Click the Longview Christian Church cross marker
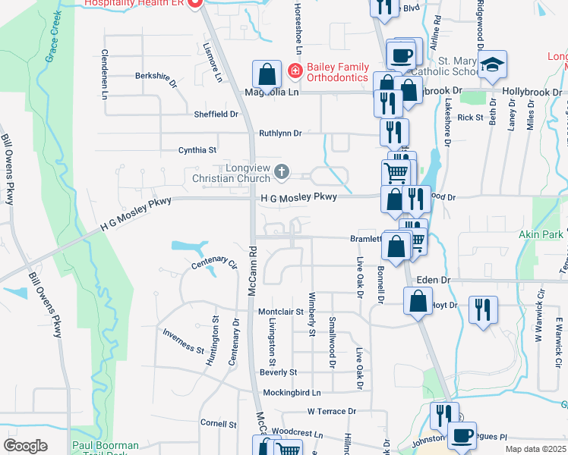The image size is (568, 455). [x=282, y=171]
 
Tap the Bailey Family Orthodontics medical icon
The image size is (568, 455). [x=294, y=73]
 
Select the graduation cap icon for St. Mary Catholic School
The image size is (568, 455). [x=492, y=64]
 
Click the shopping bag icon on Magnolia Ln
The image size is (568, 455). [x=267, y=74]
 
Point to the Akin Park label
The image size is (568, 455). [x=541, y=234]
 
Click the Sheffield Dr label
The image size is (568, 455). [x=216, y=115]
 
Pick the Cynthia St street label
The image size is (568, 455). [x=197, y=150]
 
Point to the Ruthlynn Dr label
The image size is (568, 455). [x=280, y=133]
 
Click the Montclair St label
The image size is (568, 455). [x=281, y=312]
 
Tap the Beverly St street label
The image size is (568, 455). [x=278, y=372]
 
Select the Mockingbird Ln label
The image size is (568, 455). [x=292, y=393]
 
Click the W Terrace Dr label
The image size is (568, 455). [x=332, y=411]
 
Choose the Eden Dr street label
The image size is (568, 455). [x=434, y=280]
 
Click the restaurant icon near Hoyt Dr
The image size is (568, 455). [x=482, y=309]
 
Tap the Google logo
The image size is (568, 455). [x=25, y=446]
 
